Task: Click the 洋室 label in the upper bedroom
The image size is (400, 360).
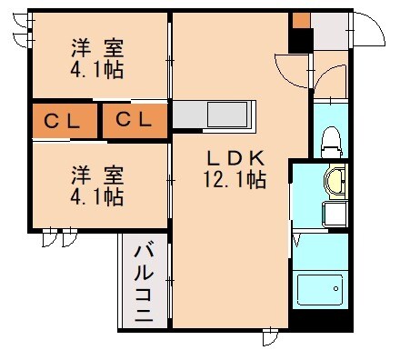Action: (x=98, y=46)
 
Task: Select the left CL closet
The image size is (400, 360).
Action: (x=64, y=119)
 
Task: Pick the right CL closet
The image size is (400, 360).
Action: (x=135, y=119)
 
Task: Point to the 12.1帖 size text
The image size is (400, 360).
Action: (x=234, y=180)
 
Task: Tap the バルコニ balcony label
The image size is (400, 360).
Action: (x=144, y=282)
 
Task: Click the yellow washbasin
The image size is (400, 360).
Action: (x=335, y=181)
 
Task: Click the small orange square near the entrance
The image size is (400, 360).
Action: (x=300, y=20)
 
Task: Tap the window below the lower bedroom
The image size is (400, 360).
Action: (x=61, y=238)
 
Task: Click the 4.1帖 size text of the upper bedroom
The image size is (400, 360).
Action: (x=98, y=68)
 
